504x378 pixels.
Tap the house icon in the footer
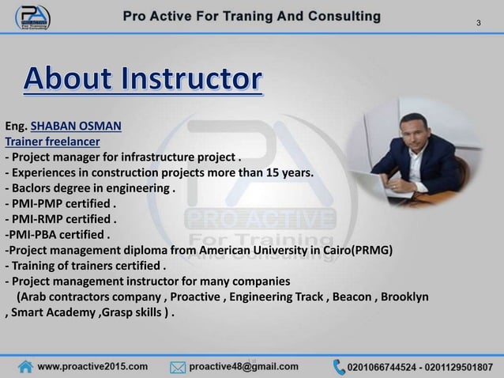pyautogui.click(x=26, y=366)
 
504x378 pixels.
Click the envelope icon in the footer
pyautogui.click(x=179, y=366)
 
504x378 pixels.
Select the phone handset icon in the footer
pyautogui.click(x=340, y=366)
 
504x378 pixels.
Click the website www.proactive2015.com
pyautogui.click(x=93, y=366)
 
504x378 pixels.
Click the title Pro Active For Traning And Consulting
pyautogui.click(x=251, y=16)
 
